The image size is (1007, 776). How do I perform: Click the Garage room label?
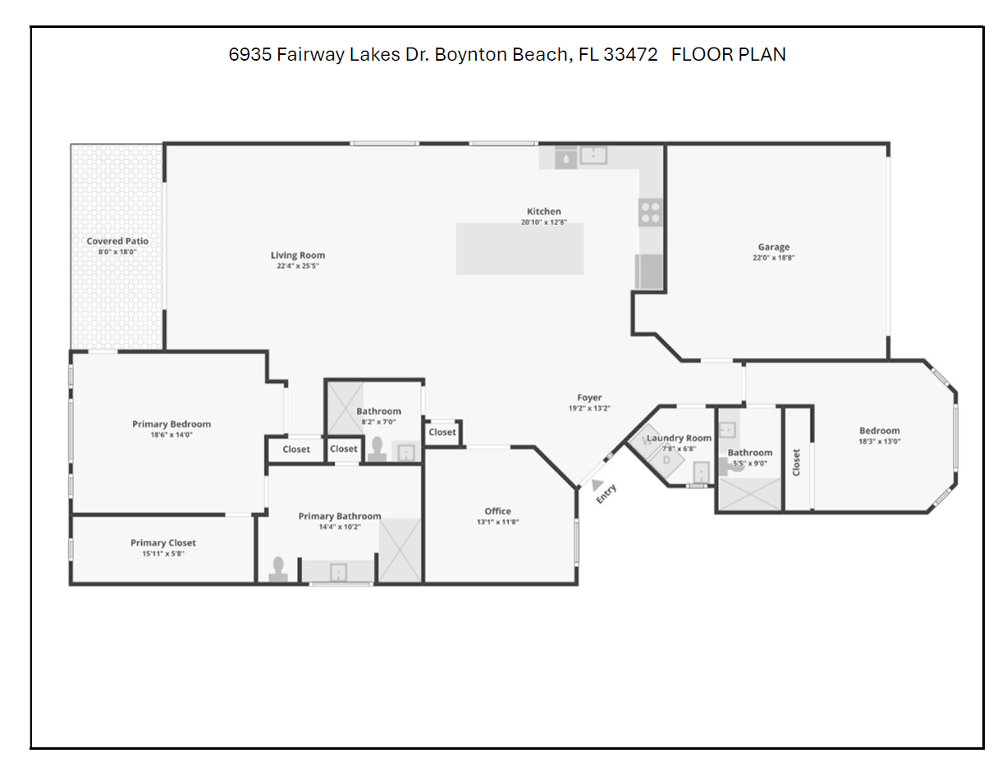[x=773, y=247]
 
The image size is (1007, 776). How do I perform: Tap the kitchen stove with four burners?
[x=650, y=213]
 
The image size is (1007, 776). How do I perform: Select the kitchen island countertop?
[x=520, y=249]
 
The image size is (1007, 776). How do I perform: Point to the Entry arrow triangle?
[x=597, y=485]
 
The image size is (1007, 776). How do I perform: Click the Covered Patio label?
[x=117, y=241]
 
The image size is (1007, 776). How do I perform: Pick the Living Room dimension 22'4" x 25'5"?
[x=298, y=266]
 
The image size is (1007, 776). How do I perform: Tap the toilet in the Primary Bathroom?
[x=278, y=569]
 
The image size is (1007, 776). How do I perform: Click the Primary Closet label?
[x=163, y=543]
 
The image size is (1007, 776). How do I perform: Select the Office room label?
[x=497, y=511]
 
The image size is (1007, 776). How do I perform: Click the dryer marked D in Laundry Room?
[x=666, y=460]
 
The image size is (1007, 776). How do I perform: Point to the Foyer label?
[x=589, y=397]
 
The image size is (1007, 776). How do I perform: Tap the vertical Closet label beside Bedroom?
[x=796, y=462]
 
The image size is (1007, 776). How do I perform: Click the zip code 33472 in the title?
[x=630, y=55]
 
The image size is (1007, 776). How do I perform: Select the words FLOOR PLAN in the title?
[x=729, y=55]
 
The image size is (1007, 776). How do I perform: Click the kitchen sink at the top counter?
[x=593, y=156]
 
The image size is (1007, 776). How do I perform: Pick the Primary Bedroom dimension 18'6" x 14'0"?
[x=172, y=435]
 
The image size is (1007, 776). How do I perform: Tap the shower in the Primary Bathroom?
[x=401, y=550]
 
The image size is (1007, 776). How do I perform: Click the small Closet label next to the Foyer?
[x=442, y=432]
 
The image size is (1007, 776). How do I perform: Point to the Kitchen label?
[x=543, y=211]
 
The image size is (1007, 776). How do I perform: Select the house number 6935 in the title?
[x=250, y=55]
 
